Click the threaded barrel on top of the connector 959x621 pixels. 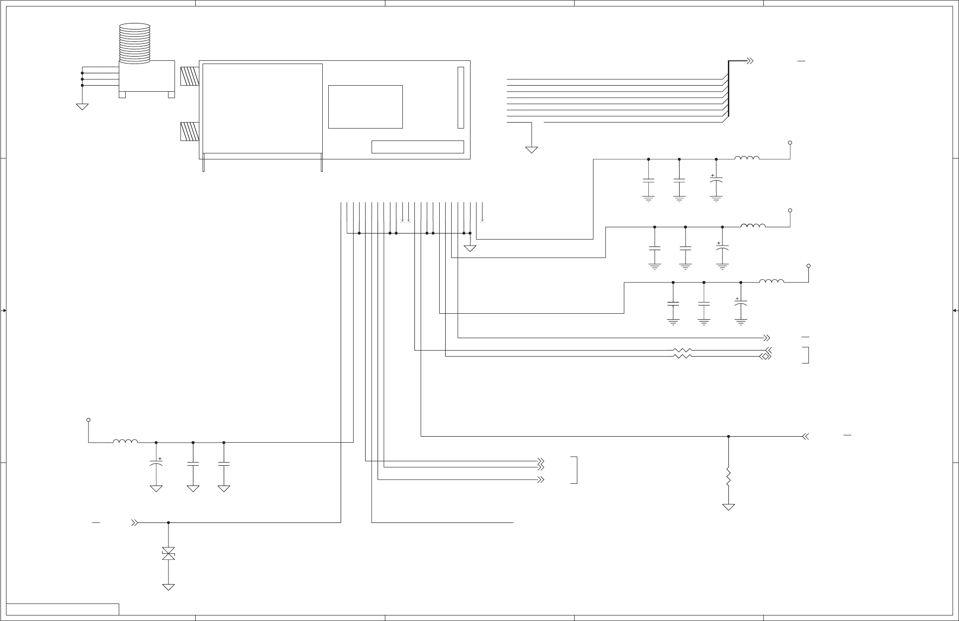coord(134,43)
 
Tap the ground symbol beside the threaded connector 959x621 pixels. coord(82,106)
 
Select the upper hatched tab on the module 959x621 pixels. coord(189,76)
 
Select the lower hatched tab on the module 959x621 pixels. coord(189,131)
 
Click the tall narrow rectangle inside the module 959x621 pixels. coord(460,98)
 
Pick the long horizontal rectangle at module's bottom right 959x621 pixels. coord(417,146)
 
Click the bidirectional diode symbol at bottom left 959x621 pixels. coord(169,554)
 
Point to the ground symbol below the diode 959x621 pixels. coord(169,587)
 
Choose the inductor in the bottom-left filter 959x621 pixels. coord(125,442)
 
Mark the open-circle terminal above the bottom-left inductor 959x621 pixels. coord(88,420)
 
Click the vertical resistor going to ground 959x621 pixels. coord(728,477)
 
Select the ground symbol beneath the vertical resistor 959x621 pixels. coord(728,507)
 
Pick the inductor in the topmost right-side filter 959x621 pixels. coord(747,158)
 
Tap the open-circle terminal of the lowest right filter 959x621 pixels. coord(808,266)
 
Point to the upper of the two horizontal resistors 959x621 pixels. coord(682,350)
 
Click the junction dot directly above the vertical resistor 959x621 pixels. coord(728,436)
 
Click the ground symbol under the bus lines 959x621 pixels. coord(532,150)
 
